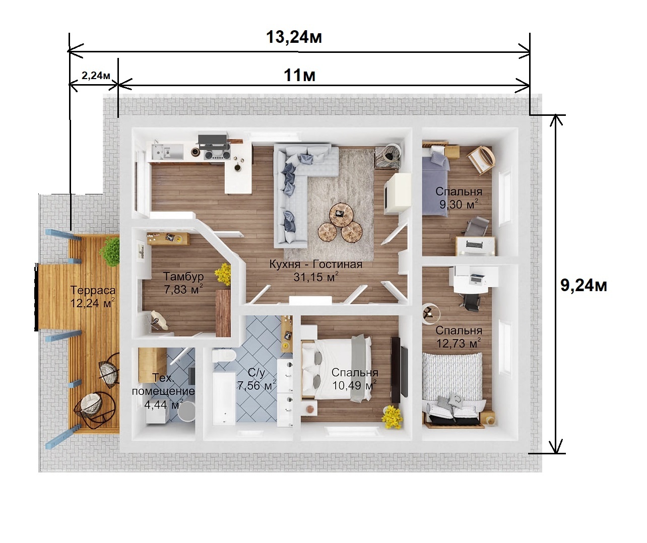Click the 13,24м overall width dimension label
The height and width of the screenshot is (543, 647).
pyautogui.click(x=294, y=37)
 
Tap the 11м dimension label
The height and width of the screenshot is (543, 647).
pyautogui.click(x=299, y=75)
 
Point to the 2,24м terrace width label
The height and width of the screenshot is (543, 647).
pyautogui.click(x=96, y=75)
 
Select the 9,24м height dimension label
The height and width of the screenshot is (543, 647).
pyautogui.click(x=584, y=285)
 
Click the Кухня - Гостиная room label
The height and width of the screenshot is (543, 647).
pyautogui.click(x=316, y=270)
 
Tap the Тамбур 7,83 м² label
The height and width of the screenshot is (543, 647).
pyautogui.click(x=183, y=283)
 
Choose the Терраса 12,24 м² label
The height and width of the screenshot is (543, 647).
pyautogui.click(x=93, y=297)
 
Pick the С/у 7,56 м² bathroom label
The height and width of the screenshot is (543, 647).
pyautogui.click(x=256, y=379)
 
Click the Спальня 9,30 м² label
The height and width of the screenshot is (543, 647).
pyautogui.click(x=459, y=197)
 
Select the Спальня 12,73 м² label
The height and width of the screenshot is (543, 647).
pyautogui.click(x=459, y=336)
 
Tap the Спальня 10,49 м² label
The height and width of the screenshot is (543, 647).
pyautogui.click(x=354, y=379)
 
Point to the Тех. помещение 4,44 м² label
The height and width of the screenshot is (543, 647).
pyautogui.click(x=163, y=391)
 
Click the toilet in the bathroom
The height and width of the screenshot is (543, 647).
pyautogui.click(x=224, y=355)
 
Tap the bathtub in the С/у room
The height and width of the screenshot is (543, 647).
pyautogui.click(x=224, y=398)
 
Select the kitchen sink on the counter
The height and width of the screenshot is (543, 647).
pyautogui.click(x=162, y=152)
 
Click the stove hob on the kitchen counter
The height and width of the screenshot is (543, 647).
pyautogui.click(x=217, y=155)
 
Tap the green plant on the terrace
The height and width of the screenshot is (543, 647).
pyautogui.click(x=110, y=251)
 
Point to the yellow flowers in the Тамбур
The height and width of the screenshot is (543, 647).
pyautogui.click(x=223, y=274)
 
